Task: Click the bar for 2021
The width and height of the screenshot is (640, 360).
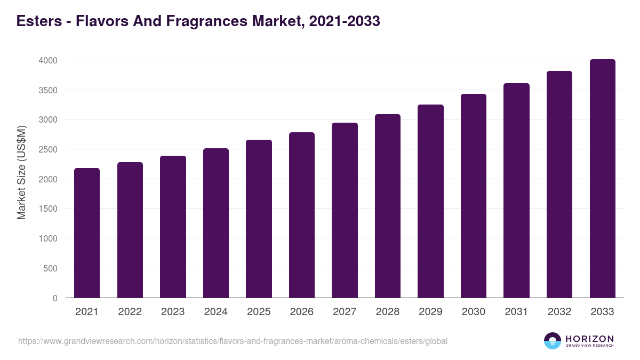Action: (x=87, y=233)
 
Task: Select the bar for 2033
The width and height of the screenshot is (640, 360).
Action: (x=603, y=179)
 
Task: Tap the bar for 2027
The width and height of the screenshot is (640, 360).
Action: (x=345, y=210)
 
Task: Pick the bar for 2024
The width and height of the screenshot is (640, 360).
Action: (x=216, y=223)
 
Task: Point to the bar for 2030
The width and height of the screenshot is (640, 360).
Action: (x=474, y=196)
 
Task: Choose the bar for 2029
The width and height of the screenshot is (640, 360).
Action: (x=430, y=201)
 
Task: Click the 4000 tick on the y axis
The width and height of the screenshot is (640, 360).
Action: (x=47, y=60)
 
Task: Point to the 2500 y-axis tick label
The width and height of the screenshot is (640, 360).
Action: (x=47, y=149)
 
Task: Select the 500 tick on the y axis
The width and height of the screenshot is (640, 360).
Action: (x=50, y=268)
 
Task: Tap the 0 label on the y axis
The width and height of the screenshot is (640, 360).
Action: (x=54, y=298)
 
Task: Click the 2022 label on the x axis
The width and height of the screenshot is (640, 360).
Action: (x=130, y=312)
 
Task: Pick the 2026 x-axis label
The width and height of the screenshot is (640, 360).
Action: (x=302, y=312)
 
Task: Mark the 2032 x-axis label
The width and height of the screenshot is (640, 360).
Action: (x=559, y=312)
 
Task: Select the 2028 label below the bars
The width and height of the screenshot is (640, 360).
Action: (x=388, y=312)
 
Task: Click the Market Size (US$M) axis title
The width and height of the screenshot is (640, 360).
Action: (x=21, y=173)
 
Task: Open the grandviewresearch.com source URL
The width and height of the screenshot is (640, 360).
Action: (x=233, y=341)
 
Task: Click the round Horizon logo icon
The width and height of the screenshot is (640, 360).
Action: (x=553, y=341)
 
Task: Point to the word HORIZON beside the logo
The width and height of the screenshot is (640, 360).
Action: (x=589, y=338)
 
